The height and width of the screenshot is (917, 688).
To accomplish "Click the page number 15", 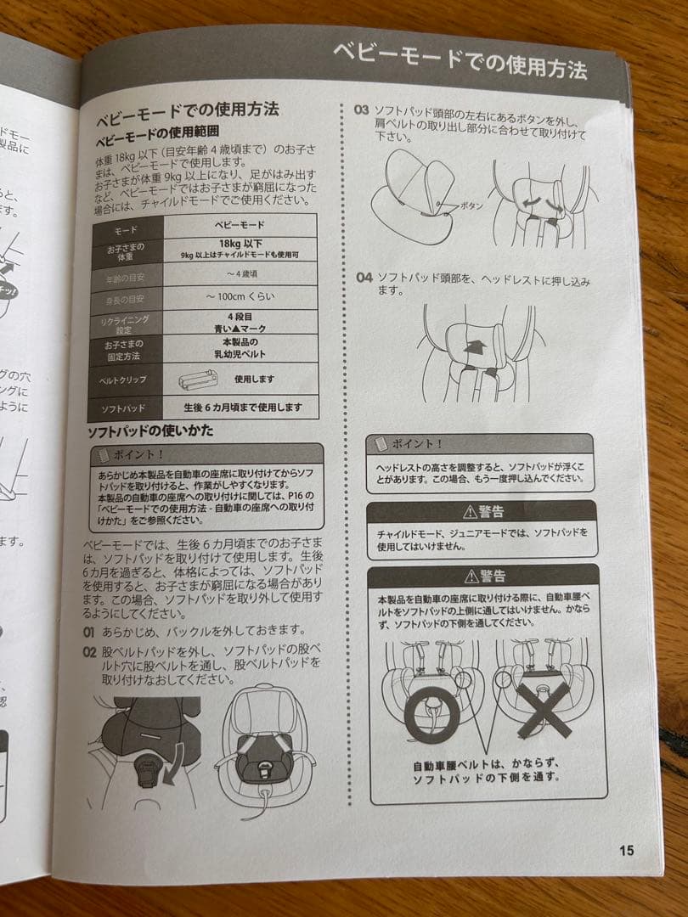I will coord(626,850).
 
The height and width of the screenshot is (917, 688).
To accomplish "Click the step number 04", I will coord(364,278).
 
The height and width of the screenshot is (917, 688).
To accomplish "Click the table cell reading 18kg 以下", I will coord(240,243).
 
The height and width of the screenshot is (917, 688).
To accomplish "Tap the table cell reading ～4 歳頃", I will coord(240,273).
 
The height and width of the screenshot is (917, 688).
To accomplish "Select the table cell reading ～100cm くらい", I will coord(240,298).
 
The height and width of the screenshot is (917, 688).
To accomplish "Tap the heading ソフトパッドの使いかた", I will coord(150,430).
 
